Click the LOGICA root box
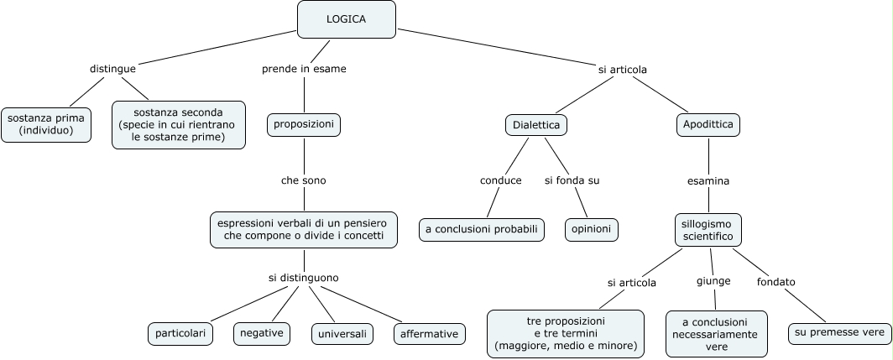coord(347,19)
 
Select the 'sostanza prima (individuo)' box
coord(46,124)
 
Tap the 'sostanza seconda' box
coord(179,125)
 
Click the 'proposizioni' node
coord(304,125)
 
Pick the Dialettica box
coord(536,125)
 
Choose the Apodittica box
coord(708,125)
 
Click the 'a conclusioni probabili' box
coord(482,230)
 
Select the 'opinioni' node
coord(592,230)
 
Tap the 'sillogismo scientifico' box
coord(708,230)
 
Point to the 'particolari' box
coord(180,334)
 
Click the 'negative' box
coord(262,334)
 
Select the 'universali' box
coord(342,334)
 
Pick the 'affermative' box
coord(430,334)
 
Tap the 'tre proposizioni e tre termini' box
coord(566,334)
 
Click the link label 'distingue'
coord(112,69)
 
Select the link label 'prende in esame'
coord(304,69)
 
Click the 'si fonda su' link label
coord(572,180)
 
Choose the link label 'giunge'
coord(713,281)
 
